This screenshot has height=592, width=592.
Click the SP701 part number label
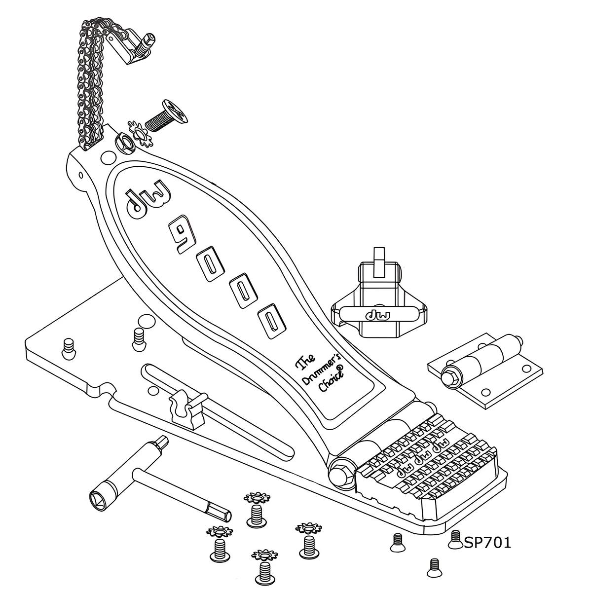487,543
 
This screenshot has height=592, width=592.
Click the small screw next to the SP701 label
455,539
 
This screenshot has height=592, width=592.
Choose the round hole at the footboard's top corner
106,157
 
